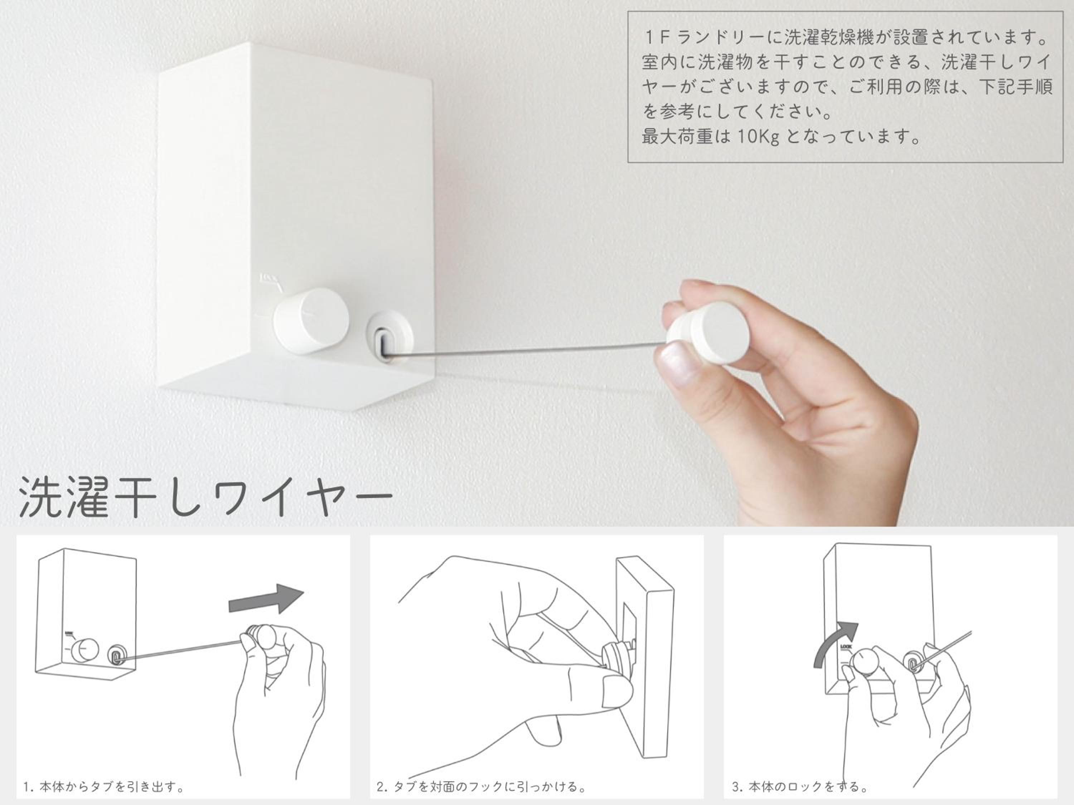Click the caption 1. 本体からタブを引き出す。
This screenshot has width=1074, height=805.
point(104,786)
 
